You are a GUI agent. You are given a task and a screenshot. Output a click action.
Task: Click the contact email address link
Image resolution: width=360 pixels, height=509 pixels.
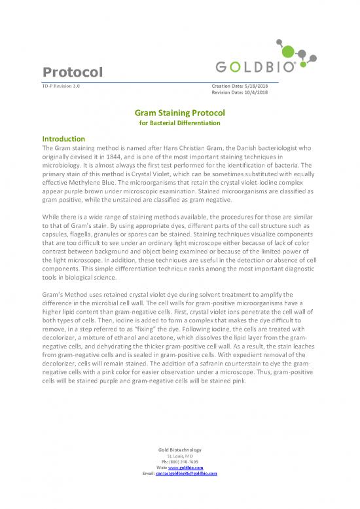coord(189,474)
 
